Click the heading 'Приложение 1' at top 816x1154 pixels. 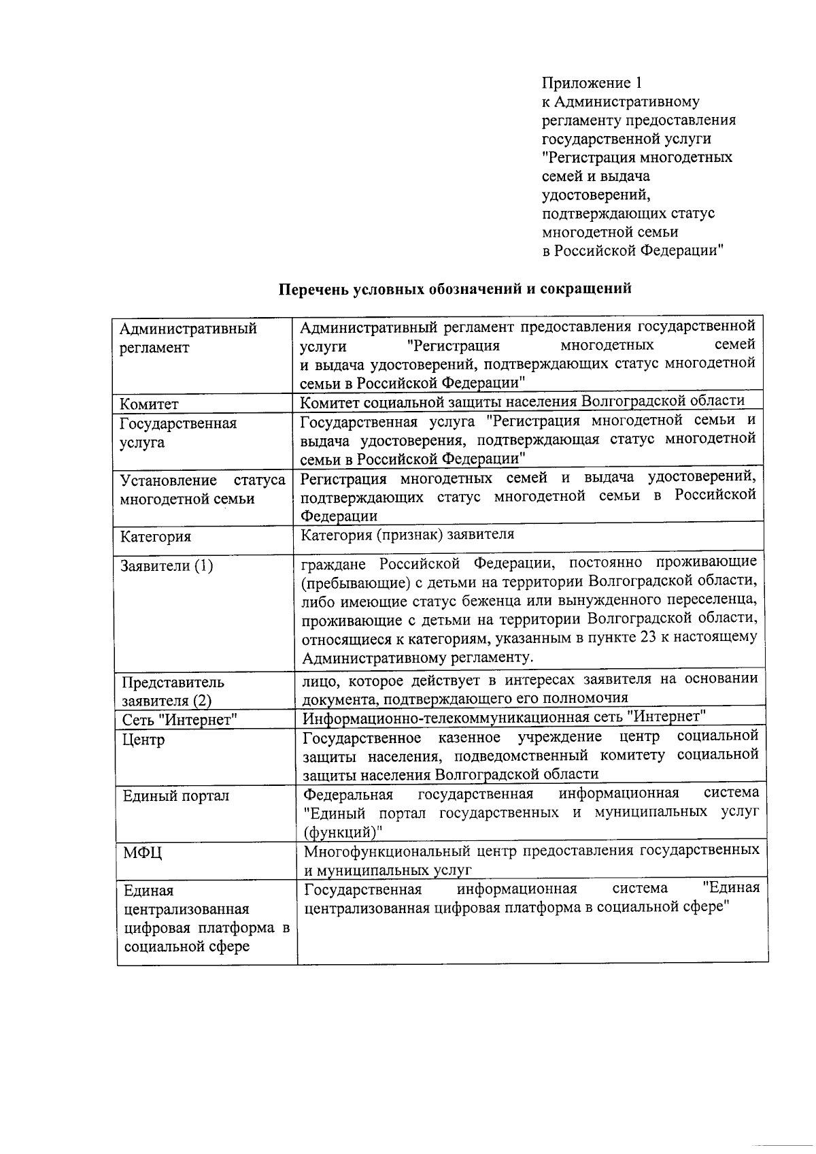click(592, 83)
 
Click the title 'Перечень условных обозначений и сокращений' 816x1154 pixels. click(456, 288)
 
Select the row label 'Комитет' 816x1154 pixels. click(150, 404)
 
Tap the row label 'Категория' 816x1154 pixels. click(156, 537)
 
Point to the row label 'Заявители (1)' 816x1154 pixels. click(167, 566)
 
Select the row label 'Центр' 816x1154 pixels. click(143, 740)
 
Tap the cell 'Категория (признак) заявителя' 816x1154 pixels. click(408, 534)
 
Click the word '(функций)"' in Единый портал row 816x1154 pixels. click(343, 831)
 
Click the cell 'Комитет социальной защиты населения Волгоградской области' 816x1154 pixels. click(522, 401)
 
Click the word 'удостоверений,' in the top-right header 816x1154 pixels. click(596, 195)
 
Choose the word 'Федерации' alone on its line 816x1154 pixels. click(339, 516)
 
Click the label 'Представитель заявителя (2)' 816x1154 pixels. click(173, 691)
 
